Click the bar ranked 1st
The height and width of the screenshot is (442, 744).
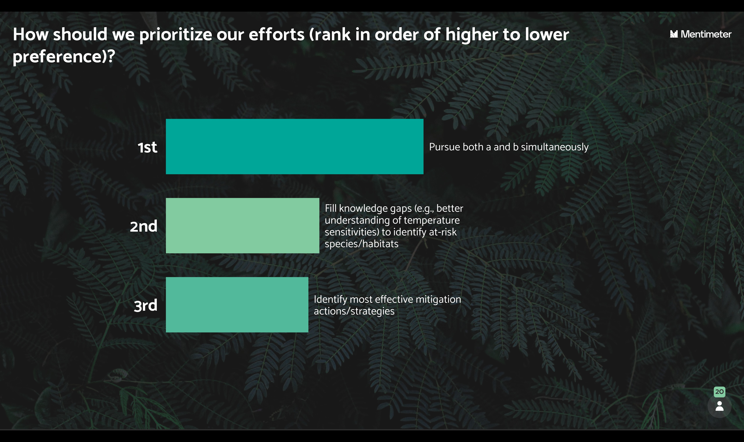click(295, 147)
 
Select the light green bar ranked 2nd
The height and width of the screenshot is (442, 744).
click(243, 226)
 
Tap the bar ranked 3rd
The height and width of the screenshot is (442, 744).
click(237, 305)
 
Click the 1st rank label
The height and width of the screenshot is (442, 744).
click(147, 147)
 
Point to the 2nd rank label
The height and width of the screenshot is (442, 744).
click(143, 226)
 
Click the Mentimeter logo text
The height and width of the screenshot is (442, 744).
click(706, 34)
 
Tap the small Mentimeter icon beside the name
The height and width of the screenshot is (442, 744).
click(674, 34)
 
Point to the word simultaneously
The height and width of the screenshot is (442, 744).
click(555, 147)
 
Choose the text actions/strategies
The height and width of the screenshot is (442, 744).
click(354, 311)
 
